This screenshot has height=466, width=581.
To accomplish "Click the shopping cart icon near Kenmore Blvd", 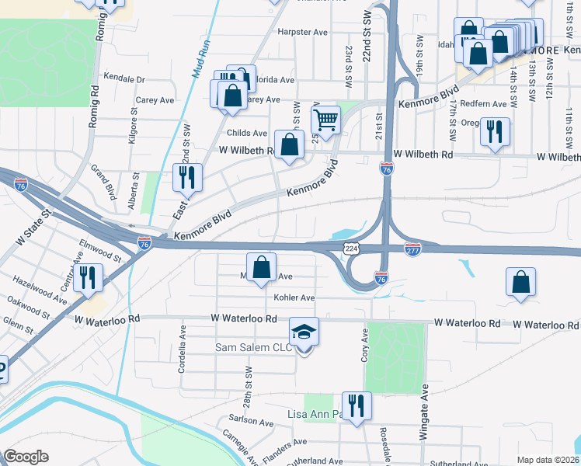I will pyautogui.click(x=326, y=120).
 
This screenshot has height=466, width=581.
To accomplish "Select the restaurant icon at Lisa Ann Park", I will pyautogui.click(x=357, y=405).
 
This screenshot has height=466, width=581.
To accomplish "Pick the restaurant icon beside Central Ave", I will pyautogui.click(x=89, y=277).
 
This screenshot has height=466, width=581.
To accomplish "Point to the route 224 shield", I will pyautogui.click(x=351, y=248).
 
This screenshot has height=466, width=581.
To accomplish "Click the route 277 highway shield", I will pyautogui.click(x=412, y=248).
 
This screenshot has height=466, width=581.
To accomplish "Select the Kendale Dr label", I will pyautogui.click(x=125, y=79).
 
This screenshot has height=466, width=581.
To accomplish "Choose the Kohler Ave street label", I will pyautogui.click(x=294, y=297).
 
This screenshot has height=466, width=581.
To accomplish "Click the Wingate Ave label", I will pyautogui.click(x=425, y=412).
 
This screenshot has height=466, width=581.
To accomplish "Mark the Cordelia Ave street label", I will pyautogui.click(x=182, y=358).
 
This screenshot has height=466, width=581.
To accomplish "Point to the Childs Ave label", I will pyautogui.click(x=247, y=134).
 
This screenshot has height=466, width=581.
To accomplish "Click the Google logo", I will pyautogui.click(x=26, y=457).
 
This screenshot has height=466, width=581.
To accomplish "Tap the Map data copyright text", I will pyautogui.click(x=547, y=460).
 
